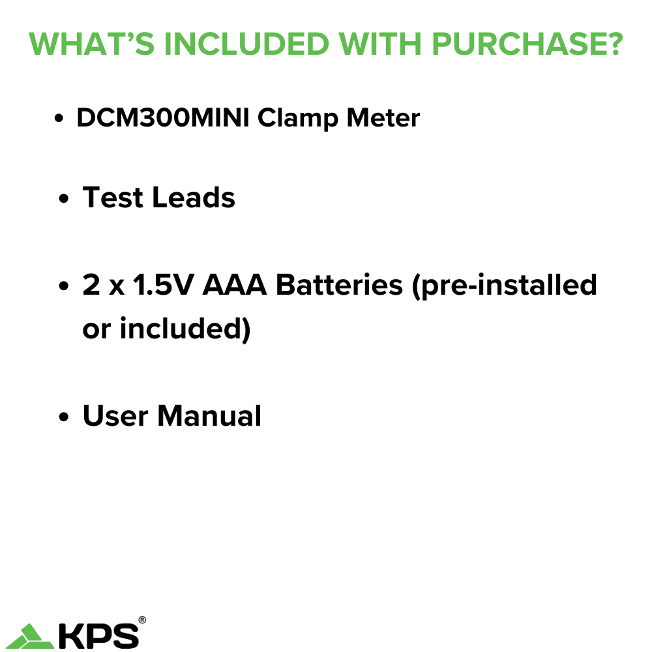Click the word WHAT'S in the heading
tap(91, 44)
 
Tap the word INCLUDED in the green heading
tap(246, 44)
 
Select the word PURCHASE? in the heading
tap(527, 44)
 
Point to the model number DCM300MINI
tap(163, 117)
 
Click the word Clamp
tap(297, 119)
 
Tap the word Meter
tap(383, 117)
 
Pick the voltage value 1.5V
tap(163, 285)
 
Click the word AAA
tap(235, 285)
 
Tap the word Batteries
tap(339, 285)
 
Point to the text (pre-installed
tap(505, 286)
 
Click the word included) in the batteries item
tap(185, 329)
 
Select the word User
tap(115, 415)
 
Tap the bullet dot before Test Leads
tap(64, 198)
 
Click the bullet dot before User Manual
tap(64, 417)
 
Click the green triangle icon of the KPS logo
tap(30, 636)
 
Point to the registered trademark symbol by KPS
tap(141, 620)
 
